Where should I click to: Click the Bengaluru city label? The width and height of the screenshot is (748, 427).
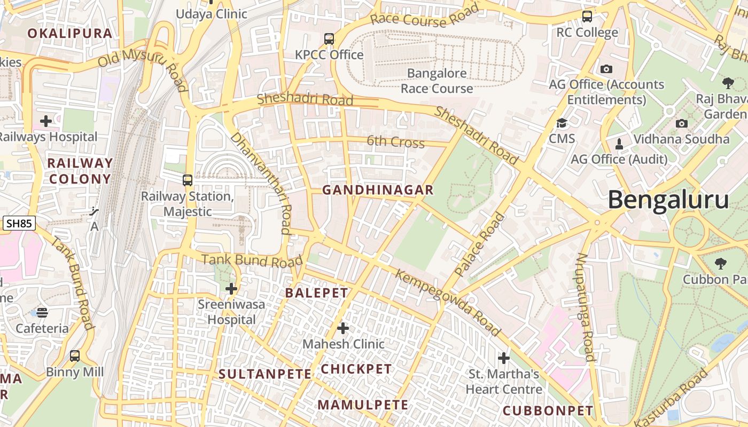[668, 201]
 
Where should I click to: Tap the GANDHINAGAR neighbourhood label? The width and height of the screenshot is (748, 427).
[378, 190]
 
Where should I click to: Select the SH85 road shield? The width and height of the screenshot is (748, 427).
[20, 224]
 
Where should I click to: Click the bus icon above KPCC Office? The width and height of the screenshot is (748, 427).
[329, 39]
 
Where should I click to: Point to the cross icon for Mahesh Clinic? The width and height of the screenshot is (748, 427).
[343, 328]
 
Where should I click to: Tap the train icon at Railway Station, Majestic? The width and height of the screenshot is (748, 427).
[187, 180]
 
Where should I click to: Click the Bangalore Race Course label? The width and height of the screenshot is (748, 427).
[437, 81]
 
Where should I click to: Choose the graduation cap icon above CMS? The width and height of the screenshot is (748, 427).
[562, 123]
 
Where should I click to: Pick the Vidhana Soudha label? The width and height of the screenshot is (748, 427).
[681, 139]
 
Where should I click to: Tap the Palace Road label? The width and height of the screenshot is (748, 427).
[480, 244]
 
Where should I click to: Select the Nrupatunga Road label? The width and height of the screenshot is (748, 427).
[586, 307]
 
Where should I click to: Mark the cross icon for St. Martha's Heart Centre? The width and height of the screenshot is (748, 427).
[503, 358]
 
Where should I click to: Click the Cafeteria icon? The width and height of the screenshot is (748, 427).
[42, 312]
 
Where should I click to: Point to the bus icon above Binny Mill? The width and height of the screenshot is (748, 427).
[75, 355]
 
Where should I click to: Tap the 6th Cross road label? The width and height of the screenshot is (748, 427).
[395, 141]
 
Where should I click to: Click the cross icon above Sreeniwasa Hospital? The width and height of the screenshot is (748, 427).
[231, 289]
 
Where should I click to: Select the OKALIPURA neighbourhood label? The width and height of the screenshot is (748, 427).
[70, 34]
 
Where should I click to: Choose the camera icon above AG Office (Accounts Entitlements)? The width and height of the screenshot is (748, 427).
[606, 69]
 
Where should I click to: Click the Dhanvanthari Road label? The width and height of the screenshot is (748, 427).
[261, 183]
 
